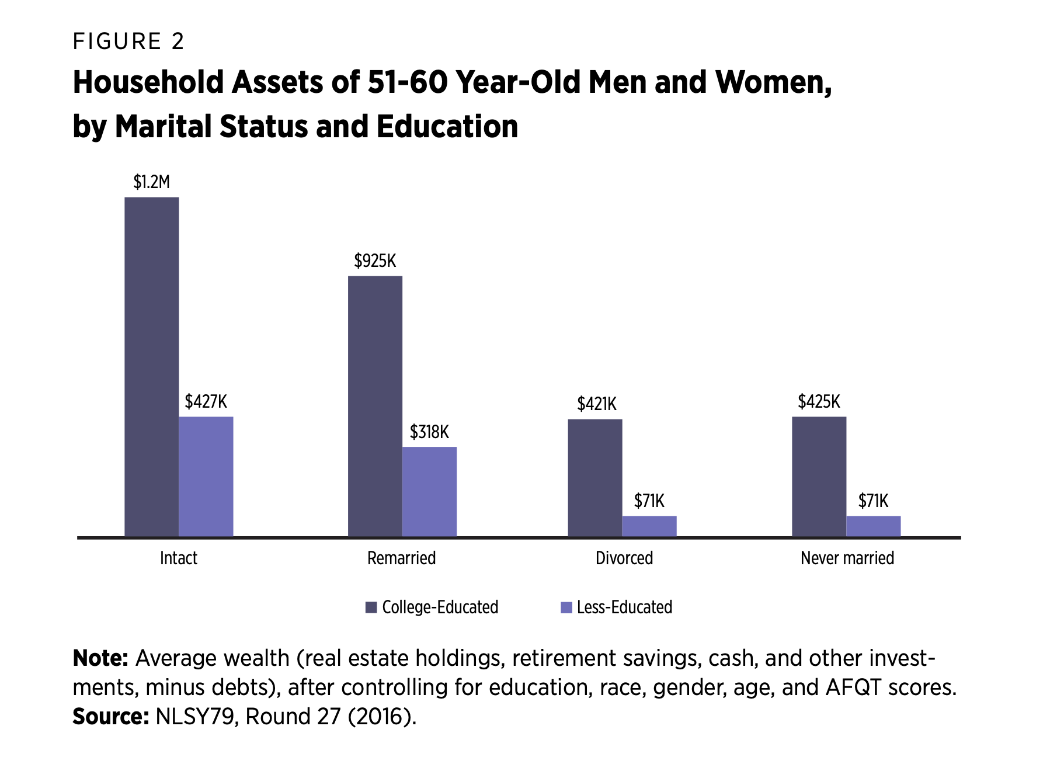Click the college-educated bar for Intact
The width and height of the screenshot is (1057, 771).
pos(152,367)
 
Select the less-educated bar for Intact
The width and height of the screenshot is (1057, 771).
pos(206,477)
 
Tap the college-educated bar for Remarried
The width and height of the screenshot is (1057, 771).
pos(375,406)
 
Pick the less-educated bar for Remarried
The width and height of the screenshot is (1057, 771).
pos(429,492)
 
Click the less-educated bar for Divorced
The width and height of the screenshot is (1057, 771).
pos(649,526)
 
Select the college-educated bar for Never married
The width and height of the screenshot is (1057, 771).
pos(819,477)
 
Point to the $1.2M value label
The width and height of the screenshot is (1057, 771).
pos(151,182)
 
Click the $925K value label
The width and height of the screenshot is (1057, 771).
pos(375,261)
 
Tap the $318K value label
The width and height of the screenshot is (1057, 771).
pos(429,432)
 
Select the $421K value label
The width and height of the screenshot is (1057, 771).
pos(597,404)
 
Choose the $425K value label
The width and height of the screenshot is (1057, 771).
pos(819,402)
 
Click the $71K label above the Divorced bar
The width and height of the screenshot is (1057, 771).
pos(649,501)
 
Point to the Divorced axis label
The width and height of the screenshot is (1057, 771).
pos(624,558)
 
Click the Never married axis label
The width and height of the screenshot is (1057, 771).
pos(847,558)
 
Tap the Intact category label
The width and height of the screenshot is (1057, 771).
pos(179,558)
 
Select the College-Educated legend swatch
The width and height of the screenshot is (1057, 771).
pos(371,607)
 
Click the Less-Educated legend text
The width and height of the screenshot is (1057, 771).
pos(624,607)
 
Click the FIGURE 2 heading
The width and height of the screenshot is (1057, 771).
pos(128,41)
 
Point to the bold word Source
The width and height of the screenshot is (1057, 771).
pos(111,717)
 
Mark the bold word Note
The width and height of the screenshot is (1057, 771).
pos(100,658)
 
